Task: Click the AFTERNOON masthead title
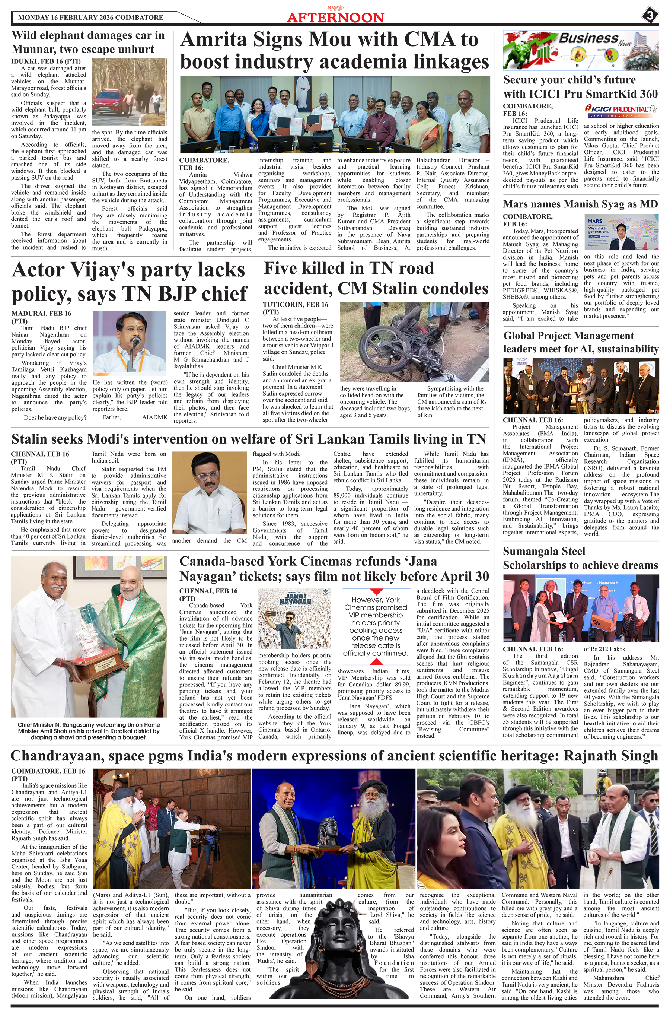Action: (335, 17)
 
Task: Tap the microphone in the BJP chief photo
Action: (135, 342)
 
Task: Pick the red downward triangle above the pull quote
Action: (376, 591)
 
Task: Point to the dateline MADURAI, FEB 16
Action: (41, 314)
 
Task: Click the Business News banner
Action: (580, 50)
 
